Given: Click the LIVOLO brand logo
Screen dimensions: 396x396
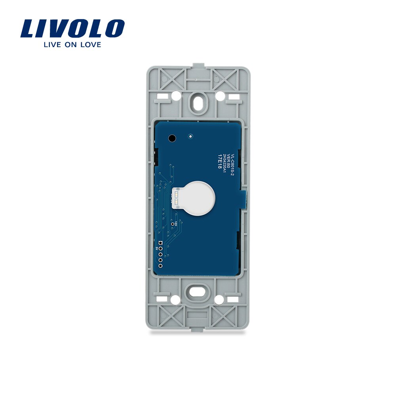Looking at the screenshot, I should coord(72,29).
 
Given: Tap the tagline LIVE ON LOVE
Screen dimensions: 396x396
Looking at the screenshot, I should coord(72,44).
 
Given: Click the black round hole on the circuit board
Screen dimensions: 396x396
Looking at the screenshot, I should coord(172,138).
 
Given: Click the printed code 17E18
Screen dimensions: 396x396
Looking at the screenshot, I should coord(219,161).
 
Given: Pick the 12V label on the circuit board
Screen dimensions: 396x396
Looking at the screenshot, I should coord(173,225).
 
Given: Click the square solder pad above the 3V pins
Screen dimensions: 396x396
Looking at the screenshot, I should coord(160,243).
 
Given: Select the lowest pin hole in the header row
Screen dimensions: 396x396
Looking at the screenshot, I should coord(160,266).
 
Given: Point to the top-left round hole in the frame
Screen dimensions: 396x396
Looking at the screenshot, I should coord(174,95).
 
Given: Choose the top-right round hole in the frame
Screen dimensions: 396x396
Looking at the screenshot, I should coord(219,95).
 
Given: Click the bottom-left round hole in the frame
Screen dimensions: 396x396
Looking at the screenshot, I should coord(174,300).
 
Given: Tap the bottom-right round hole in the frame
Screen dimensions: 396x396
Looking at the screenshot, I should coord(219,300).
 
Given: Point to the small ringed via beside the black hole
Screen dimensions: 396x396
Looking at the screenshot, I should coord(190,136).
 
